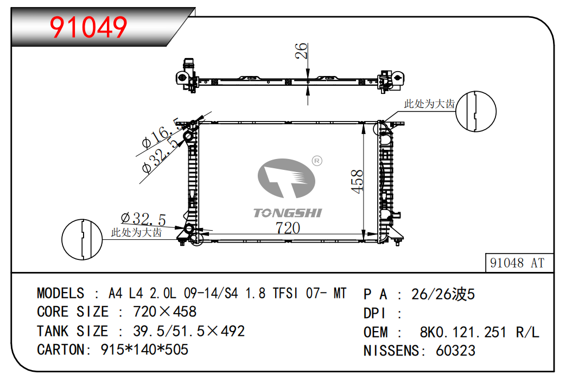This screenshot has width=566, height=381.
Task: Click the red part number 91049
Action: tap(88, 27)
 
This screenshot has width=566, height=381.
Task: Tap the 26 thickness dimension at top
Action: tap(301, 51)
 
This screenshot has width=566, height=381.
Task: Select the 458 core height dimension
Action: tap(357, 181)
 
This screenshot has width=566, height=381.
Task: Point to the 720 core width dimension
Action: tap(288, 228)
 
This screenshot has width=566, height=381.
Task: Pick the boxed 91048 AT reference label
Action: tap(517, 263)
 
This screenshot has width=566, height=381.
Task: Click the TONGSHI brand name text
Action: tap(287, 213)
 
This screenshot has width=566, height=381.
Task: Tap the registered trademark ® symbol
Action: tap(317, 161)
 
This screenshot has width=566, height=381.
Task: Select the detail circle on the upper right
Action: tap(476, 111)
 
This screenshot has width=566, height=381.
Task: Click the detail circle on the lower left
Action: tap(82, 239)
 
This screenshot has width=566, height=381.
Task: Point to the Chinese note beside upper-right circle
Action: tap(429, 104)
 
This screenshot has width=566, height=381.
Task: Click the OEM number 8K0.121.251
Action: tap(463, 332)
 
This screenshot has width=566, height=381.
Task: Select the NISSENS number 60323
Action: tap(455, 351)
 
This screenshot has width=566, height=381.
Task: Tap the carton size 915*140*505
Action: tap(144, 350)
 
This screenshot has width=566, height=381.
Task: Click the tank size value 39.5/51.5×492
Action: tap(189, 331)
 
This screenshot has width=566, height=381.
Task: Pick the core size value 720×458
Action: tap(165, 312)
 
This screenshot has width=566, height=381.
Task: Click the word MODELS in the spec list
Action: tap(60, 293)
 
